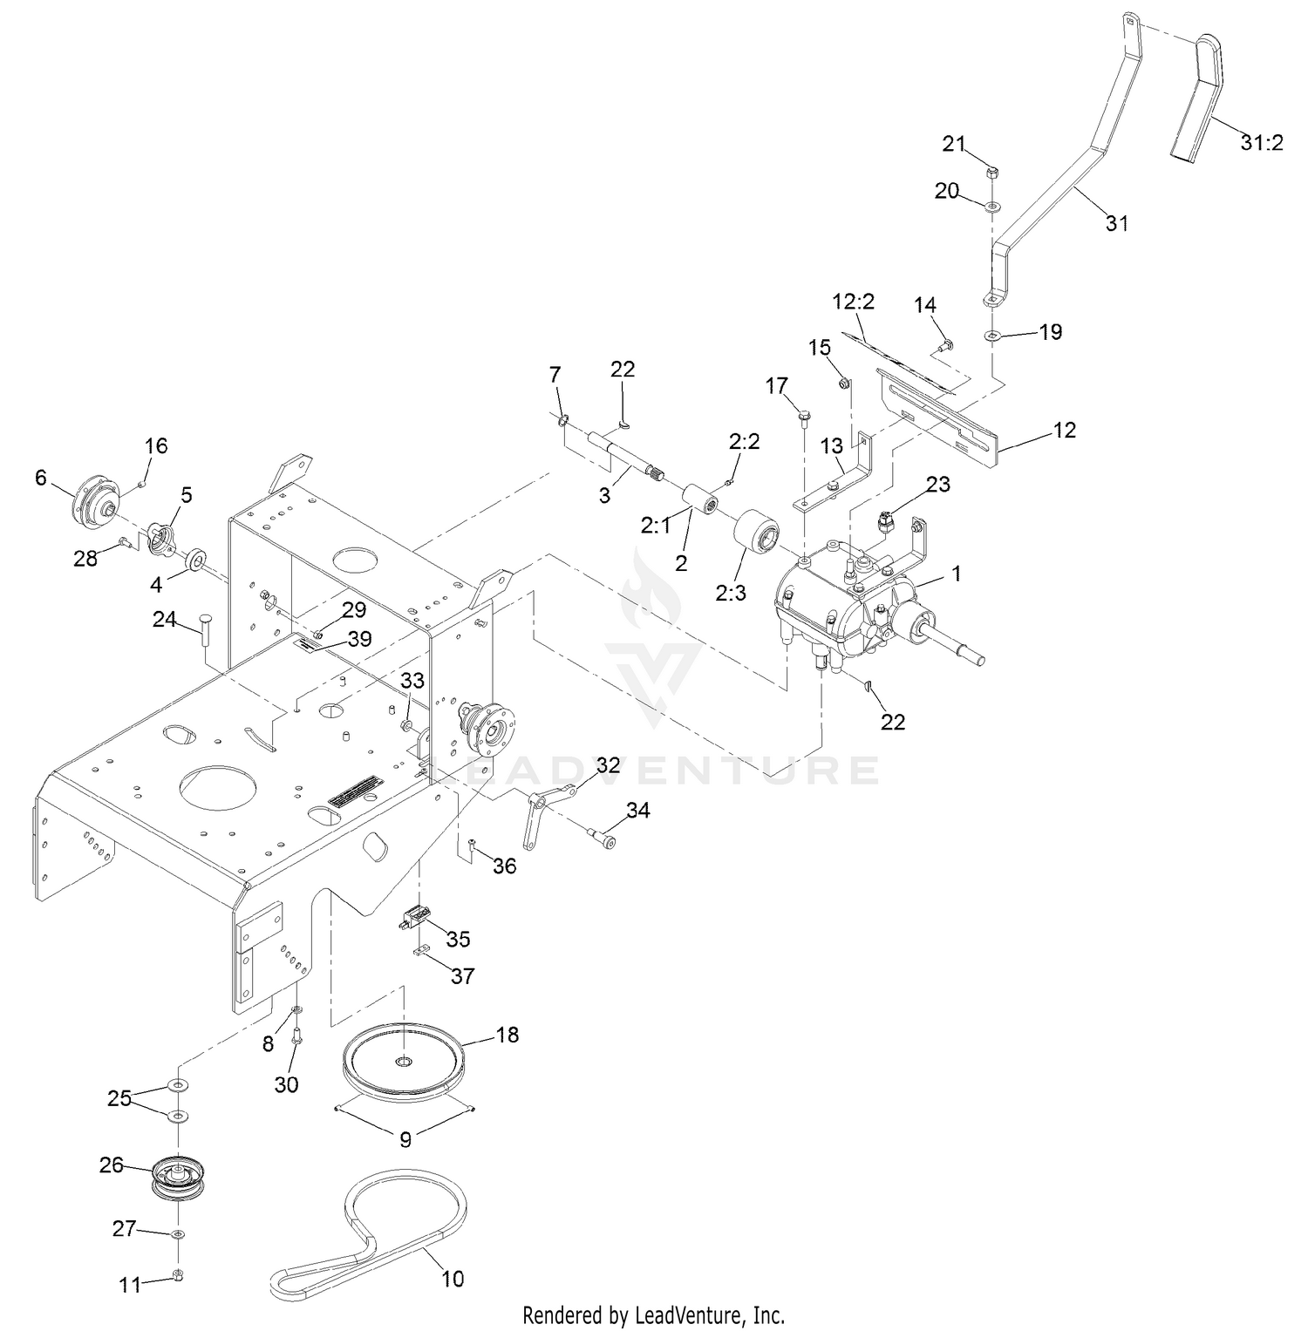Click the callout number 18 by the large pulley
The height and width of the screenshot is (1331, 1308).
pyautogui.click(x=507, y=1034)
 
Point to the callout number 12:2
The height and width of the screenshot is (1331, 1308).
pyautogui.click(x=853, y=302)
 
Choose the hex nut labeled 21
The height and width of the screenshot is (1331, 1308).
pyautogui.click(x=992, y=173)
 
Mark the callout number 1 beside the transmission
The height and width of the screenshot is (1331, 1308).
pyautogui.click(x=957, y=573)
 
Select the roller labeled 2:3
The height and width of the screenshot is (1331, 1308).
pyautogui.click(x=756, y=537)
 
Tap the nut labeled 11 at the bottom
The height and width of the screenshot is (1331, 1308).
pyautogui.click(x=178, y=1276)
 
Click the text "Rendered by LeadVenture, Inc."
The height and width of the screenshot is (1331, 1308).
pyautogui.click(x=653, y=1314)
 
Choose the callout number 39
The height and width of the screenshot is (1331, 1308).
pyautogui.click(x=359, y=639)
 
